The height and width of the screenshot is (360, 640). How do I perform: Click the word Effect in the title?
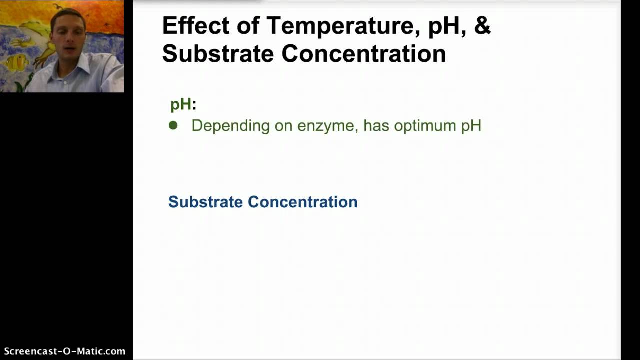pyautogui.click(x=195, y=26)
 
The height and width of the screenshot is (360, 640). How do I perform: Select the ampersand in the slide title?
pyautogui.click(x=482, y=26)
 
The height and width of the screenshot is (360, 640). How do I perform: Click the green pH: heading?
pyautogui.click(x=183, y=104)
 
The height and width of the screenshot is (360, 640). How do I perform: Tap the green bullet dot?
pyautogui.click(x=173, y=125)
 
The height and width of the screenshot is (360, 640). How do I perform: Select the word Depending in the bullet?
pyautogui.click(x=230, y=125)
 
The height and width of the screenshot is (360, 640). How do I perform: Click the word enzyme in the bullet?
pyautogui.click(x=327, y=126)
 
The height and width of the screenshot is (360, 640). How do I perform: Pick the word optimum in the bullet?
pyautogui.click(x=425, y=126)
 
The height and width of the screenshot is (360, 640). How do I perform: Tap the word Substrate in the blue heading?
pyautogui.click(x=205, y=202)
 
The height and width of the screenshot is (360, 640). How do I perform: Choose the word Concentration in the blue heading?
pyautogui.click(x=302, y=202)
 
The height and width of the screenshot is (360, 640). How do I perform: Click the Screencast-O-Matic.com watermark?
pyautogui.click(x=64, y=351)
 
